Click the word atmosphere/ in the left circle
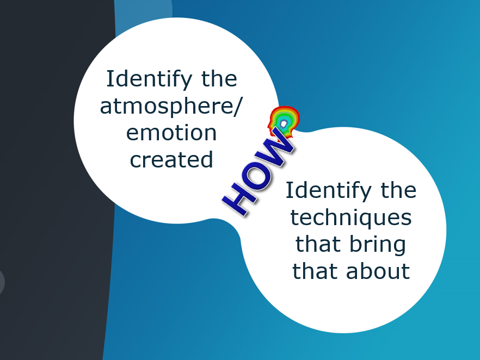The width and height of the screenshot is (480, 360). (171, 107)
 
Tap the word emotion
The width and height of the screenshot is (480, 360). (171, 133)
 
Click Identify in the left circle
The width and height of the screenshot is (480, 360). (149, 79)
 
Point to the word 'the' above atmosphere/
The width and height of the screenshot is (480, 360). (219, 79)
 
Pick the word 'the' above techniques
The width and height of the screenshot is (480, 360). (398, 190)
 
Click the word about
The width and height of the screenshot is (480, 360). (378, 271)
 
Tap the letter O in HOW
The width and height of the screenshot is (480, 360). (257, 176)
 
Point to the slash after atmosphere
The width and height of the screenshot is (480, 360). (237, 107)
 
